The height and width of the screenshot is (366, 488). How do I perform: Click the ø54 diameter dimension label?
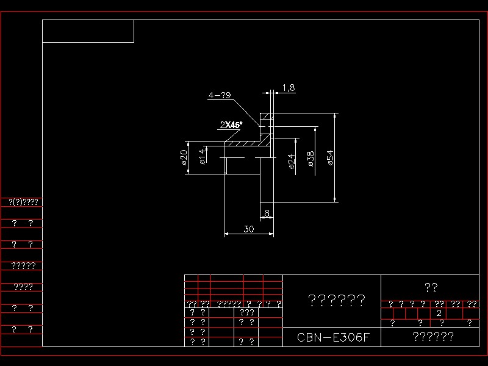click(x=330, y=158)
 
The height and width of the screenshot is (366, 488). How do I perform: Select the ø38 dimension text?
click(x=310, y=159)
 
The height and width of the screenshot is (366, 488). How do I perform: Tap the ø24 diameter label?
click(x=292, y=160)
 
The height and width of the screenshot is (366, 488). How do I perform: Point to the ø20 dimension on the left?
click(x=183, y=157)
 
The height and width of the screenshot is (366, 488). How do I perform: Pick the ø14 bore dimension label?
click(x=202, y=156)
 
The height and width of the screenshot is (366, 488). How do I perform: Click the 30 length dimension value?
click(x=248, y=229)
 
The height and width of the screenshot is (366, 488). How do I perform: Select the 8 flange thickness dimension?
click(x=267, y=213)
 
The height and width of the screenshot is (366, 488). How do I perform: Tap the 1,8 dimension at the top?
click(x=289, y=88)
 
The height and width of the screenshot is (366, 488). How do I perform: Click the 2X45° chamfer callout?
click(x=231, y=125)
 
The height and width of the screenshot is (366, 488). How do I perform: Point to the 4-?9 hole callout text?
click(x=219, y=96)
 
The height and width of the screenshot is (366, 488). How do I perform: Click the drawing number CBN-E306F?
click(x=333, y=337)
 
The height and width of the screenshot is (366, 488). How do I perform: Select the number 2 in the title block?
click(x=439, y=313)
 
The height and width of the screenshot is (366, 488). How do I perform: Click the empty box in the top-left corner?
click(x=88, y=31)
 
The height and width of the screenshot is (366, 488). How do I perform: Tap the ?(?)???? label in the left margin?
click(x=23, y=201)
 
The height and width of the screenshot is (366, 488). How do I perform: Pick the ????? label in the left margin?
click(x=23, y=265)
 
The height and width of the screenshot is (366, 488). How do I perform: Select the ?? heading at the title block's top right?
click(x=431, y=287)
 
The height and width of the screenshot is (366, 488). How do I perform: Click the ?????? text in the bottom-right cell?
click(x=432, y=337)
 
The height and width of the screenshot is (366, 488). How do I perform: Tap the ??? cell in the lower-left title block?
click(x=247, y=312)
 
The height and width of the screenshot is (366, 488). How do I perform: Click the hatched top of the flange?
click(x=267, y=117)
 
